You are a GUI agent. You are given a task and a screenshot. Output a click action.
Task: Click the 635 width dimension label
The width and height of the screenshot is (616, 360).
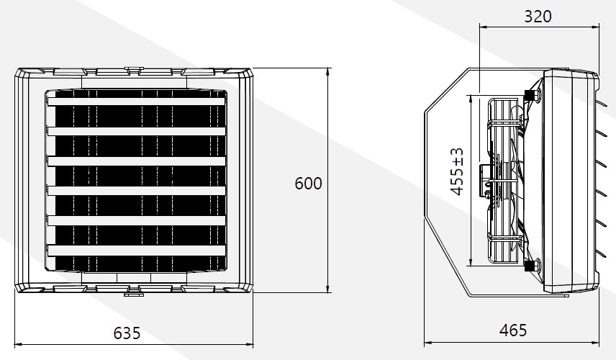coord(127,333)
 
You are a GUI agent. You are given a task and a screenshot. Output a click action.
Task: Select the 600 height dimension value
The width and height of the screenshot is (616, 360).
coord(309,183)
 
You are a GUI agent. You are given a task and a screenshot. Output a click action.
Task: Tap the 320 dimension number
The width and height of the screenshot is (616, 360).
coord(538,16)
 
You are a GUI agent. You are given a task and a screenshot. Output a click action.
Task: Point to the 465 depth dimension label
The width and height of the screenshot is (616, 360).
coord(513,330)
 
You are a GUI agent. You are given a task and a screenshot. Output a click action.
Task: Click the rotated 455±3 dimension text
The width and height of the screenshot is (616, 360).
coord(457,171)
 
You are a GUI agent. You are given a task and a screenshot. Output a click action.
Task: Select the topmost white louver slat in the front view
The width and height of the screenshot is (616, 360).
coord(136,102)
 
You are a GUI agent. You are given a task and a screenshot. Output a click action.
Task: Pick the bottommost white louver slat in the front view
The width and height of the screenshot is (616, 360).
coord(136,251)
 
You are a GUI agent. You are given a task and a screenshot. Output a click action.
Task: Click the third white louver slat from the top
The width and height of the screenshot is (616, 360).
coord(136,161)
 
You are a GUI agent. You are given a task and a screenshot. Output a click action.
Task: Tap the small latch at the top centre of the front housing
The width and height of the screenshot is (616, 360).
coord(133,70)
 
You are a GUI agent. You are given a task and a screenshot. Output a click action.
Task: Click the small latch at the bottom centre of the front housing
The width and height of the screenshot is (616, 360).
coord(133,294)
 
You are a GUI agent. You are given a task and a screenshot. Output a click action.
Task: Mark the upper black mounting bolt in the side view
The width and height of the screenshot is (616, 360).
coord(530,94)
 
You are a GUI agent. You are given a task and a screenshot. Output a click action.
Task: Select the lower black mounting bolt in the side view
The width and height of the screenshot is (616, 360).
coord(530,266)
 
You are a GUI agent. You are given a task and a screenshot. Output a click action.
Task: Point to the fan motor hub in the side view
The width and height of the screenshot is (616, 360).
coord(486,181)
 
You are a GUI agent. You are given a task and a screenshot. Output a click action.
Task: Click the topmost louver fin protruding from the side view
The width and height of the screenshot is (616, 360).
coord(604,103)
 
